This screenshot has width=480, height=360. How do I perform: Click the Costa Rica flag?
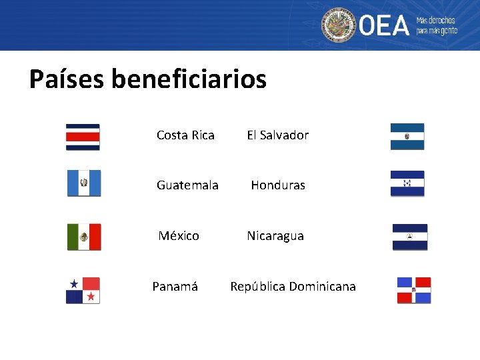pyautogui.click(x=83, y=137)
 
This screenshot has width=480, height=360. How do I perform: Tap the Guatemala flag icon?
pyautogui.click(x=84, y=183)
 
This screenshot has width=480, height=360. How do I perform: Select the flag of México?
pyautogui.click(x=84, y=237)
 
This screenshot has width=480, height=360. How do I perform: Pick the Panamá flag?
pyautogui.click(x=83, y=291)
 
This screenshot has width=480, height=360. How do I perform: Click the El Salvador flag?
pyautogui.click(x=407, y=136)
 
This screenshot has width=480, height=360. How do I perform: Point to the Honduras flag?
pyautogui.click(x=407, y=183)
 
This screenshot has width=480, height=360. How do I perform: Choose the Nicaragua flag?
pyautogui.click(x=409, y=237)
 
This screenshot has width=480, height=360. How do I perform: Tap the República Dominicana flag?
pyautogui.click(x=413, y=290)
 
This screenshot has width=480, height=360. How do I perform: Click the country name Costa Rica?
pyautogui.click(x=185, y=135)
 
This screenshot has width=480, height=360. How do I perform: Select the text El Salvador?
pyautogui.click(x=277, y=135)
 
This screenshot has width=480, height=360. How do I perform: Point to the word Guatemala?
pyautogui.click(x=187, y=185)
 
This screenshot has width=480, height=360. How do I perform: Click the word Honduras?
pyautogui.click(x=278, y=185)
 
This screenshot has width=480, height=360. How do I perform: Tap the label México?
pyautogui.click(x=179, y=236)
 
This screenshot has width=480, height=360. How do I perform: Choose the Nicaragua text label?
pyautogui.click(x=275, y=236)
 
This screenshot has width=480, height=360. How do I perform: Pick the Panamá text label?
pyautogui.click(x=175, y=287)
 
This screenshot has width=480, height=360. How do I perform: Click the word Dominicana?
pyautogui.click(x=323, y=287)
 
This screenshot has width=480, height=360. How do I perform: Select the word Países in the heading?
pyautogui.click(x=67, y=79)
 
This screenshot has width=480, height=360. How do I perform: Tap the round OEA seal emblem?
pyautogui.click(x=339, y=25)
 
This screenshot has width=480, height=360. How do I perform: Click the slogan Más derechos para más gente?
pyautogui.click(x=437, y=26)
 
